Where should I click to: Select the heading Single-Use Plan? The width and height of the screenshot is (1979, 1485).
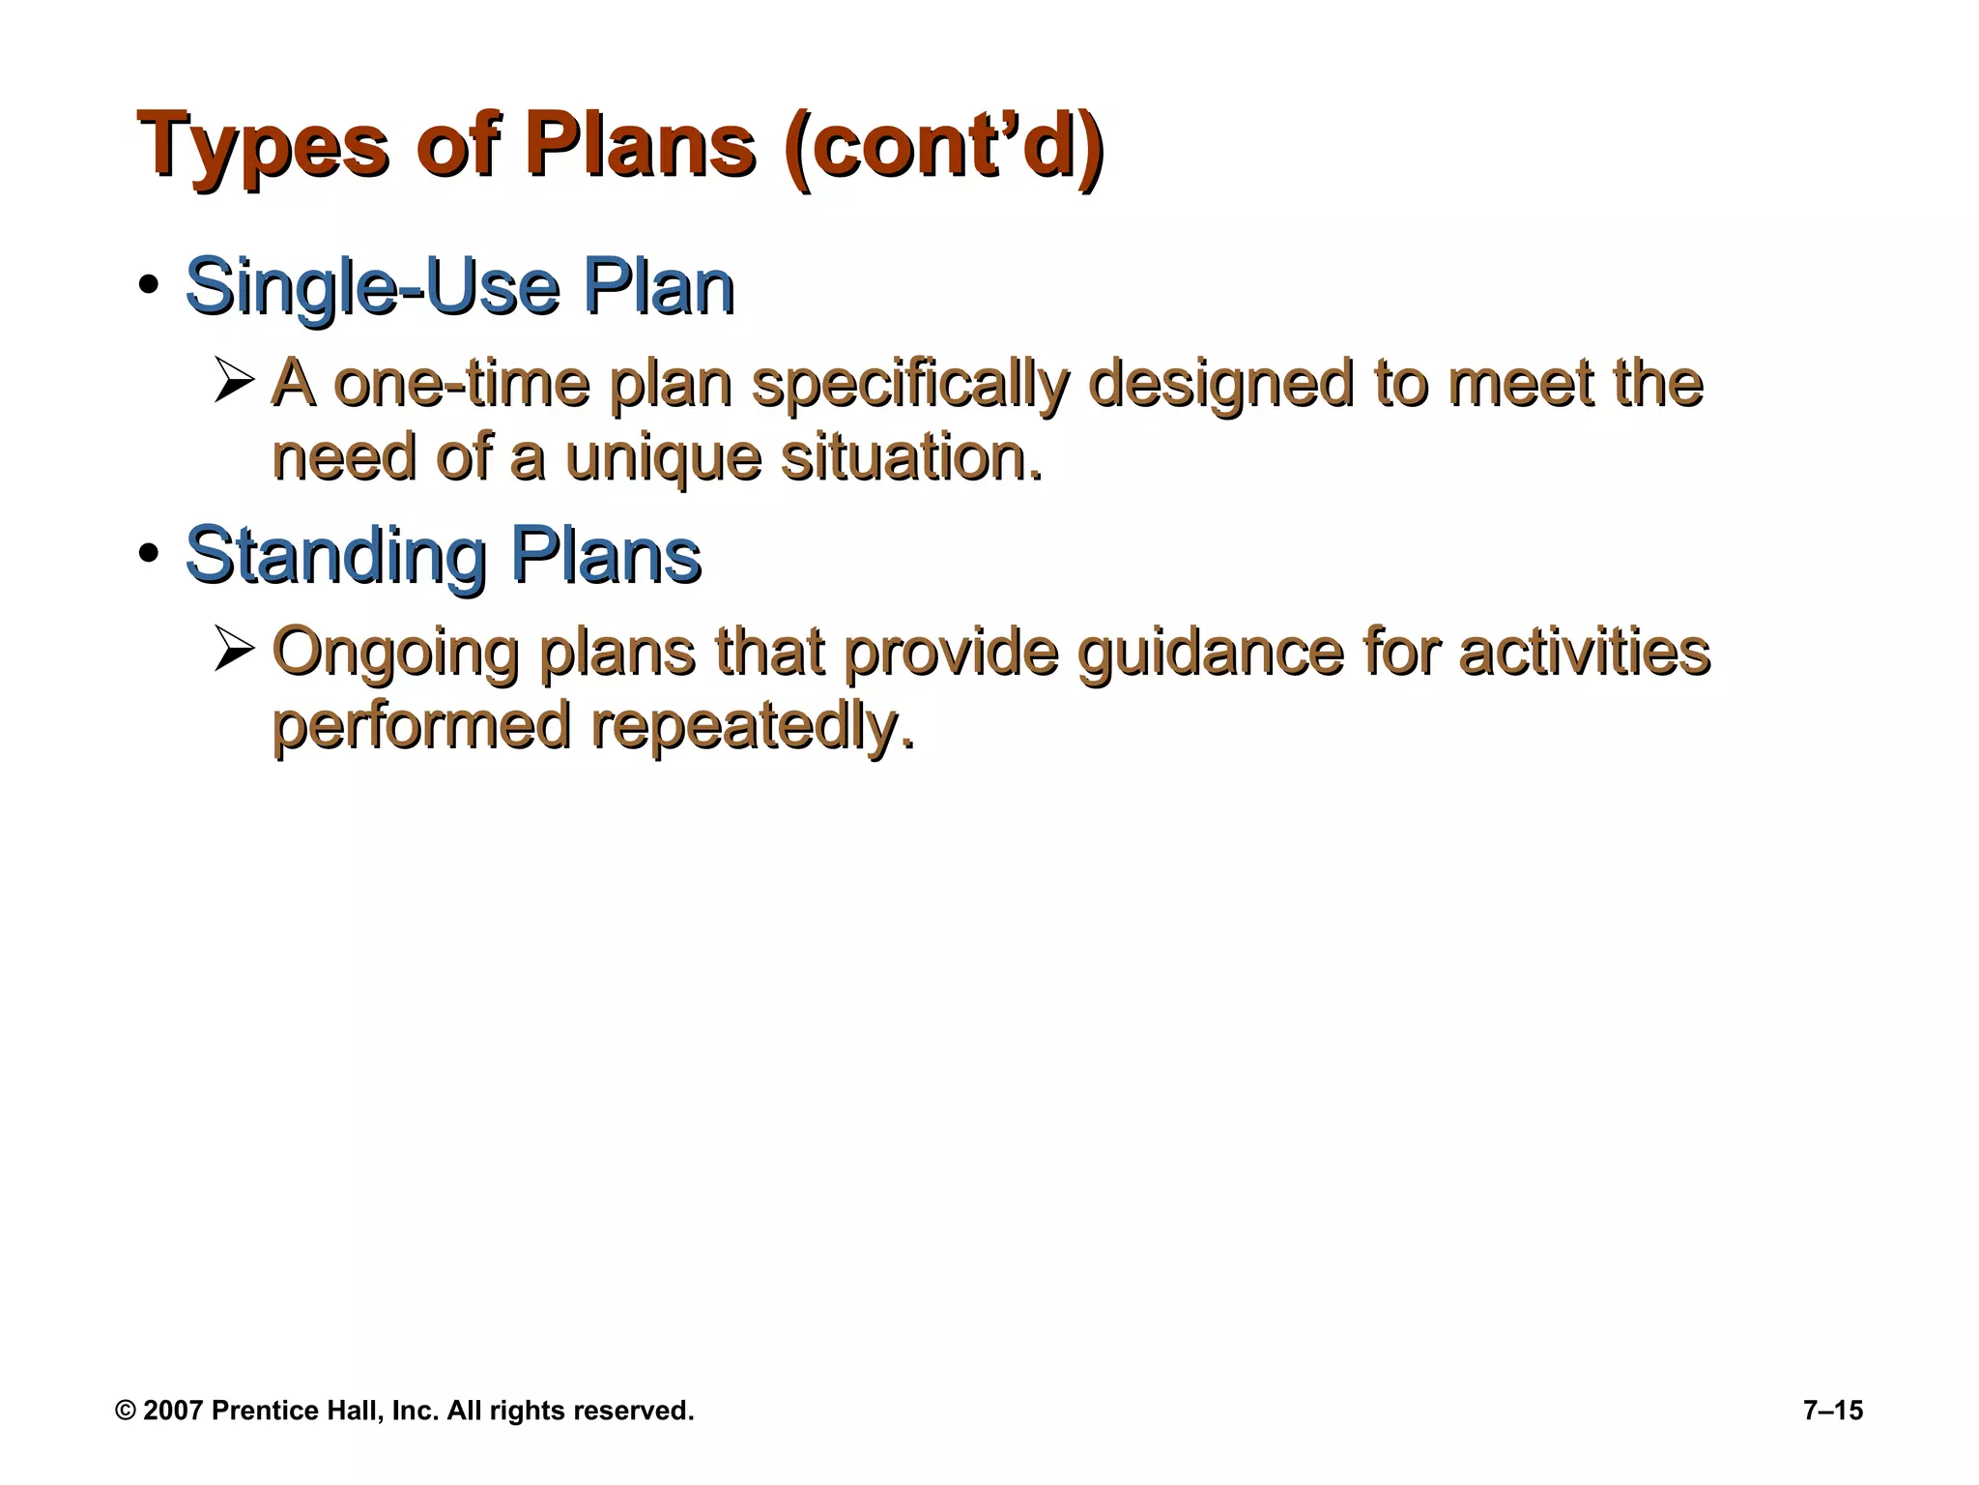pos(459,287)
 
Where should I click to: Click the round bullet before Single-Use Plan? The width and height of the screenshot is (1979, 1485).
pos(148,287)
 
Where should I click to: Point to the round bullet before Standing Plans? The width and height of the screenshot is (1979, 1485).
pos(148,555)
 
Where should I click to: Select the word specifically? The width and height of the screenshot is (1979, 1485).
pos(910,384)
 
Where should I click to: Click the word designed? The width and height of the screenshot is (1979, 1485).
pos(1219,384)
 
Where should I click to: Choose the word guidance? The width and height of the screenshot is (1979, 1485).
pos(1210,652)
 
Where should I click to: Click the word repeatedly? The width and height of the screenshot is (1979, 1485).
pos(752,727)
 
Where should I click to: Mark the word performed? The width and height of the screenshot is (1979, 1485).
pos(421,727)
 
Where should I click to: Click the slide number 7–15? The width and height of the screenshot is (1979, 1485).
pos(1832,1411)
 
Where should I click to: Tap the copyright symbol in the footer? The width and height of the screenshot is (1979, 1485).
pos(125,1411)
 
